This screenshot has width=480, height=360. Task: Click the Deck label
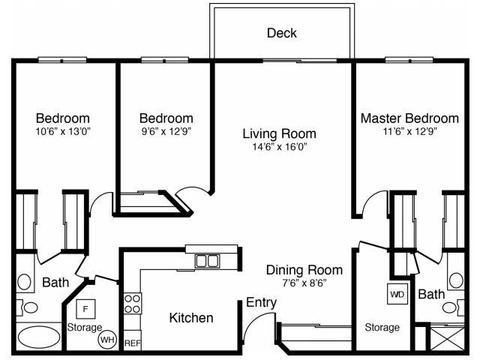pos(282,33)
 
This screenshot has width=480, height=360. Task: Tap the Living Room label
pos(279,133)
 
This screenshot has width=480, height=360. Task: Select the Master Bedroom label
pos(409,118)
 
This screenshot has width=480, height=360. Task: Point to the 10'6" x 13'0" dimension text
pos(63,131)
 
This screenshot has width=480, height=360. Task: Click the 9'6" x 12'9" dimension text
pos(166,131)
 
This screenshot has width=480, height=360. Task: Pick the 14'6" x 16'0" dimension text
pos(279,146)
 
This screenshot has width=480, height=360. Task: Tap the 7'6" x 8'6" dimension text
pos(304,283)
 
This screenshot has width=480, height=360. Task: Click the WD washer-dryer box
pos(397,293)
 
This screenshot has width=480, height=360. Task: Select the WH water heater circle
pos(107,339)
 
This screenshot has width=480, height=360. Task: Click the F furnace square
pos(85,308)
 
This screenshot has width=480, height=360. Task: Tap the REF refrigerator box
pos(132,343)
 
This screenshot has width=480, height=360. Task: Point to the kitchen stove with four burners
pos(132,303)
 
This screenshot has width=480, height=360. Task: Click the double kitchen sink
pos(207,261)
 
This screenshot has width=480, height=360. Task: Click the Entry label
pos(262,302)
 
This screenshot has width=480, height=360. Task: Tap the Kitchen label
pos(190,318)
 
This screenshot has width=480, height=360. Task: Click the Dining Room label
pos(304,270)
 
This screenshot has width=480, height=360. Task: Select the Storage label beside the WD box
pos(382,328)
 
